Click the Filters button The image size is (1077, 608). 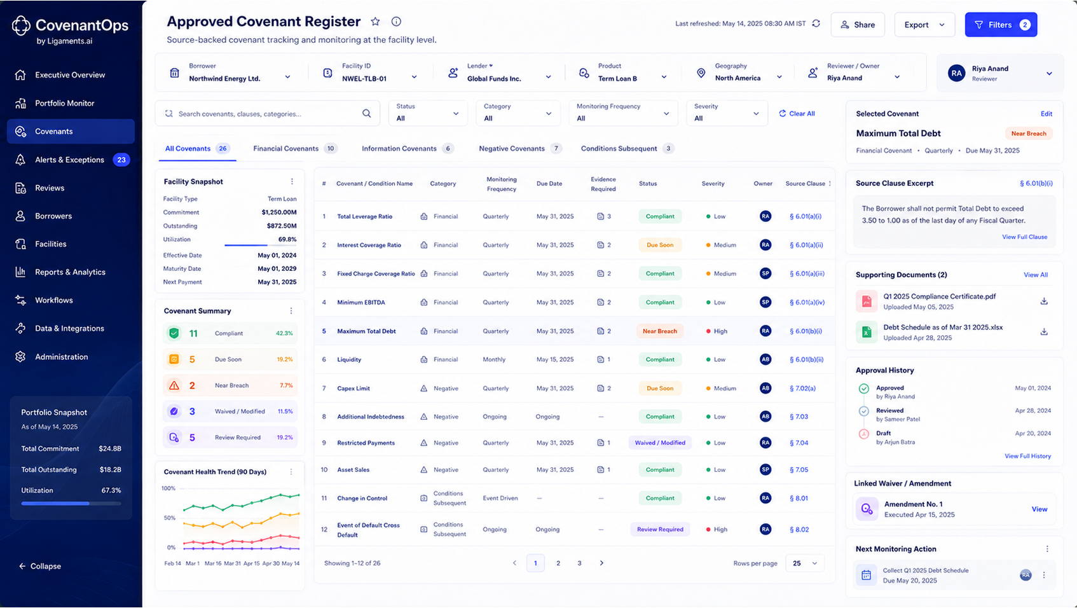coord(1001,25)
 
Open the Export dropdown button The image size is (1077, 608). coord(924,25)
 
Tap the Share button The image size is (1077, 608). coord(857,25)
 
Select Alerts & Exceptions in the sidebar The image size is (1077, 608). coord(71,160)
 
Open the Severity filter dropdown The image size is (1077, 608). coord(727,113)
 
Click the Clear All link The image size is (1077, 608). coord(797,113)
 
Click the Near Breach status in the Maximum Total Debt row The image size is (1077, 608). coord(660,331)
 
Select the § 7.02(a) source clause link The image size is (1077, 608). coord(802,388)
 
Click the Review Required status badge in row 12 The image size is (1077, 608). coord(660,529)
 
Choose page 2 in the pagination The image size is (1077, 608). coord(558,563)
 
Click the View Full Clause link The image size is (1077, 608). coord(1025,237)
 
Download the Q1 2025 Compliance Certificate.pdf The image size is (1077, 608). coord(1044,301)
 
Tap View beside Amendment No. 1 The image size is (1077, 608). coord(1039,509)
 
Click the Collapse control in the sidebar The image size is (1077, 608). coord(40,566)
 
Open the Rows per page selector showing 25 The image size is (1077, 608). coord(804,563)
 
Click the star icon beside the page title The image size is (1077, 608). coord(376,22)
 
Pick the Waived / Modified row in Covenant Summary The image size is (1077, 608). coord(230,411)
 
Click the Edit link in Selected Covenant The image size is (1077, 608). coord(1046,114)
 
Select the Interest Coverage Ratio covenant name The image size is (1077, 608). coord(369,245)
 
